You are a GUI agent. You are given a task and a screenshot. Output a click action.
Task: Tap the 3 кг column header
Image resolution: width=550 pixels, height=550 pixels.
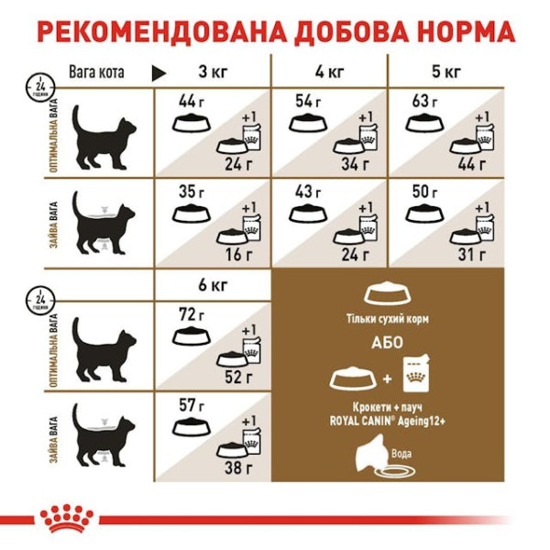click(214, 71)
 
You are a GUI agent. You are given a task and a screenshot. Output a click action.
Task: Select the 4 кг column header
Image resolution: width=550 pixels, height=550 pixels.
click(331, 71)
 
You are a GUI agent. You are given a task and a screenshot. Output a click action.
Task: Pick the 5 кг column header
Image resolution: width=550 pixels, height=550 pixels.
click(448, 71)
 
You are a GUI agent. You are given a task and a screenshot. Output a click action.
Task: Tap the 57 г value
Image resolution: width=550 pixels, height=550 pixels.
click(190, 406)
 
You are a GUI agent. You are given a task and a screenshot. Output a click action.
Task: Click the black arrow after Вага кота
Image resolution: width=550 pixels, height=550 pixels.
click(158, 71)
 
